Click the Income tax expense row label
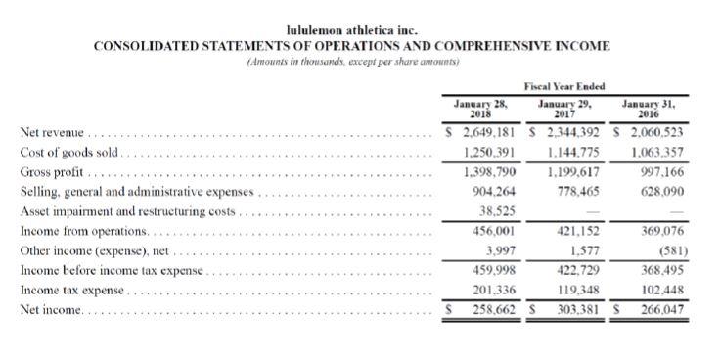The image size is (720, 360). (x=71, y=292)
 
